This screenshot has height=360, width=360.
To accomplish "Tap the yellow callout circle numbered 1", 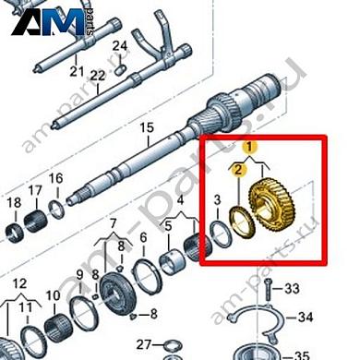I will [247, 147].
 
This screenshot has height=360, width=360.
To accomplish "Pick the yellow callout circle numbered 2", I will [238, 169].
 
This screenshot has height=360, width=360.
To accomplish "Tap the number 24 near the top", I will [119, 46].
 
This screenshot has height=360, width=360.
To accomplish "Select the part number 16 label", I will [54, 178].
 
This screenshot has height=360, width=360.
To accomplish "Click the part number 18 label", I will [14, 202].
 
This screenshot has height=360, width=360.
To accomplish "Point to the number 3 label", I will [216, 199].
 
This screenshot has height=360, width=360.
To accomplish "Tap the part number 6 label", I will [143, 238].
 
